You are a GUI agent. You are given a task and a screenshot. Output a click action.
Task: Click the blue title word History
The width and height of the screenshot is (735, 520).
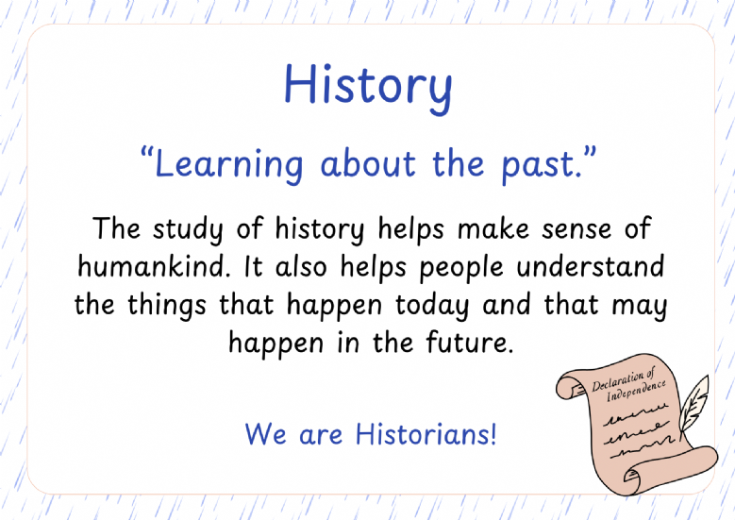368,87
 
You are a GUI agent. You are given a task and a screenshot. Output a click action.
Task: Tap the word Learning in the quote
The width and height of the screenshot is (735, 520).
228,165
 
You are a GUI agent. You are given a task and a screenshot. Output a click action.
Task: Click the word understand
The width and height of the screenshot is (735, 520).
591,266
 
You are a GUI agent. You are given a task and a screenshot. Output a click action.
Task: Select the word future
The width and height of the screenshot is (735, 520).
467,342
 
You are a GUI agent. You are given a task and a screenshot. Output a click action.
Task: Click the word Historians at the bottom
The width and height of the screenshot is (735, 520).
426,434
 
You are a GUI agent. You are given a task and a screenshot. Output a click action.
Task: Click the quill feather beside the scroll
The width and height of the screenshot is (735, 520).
694,404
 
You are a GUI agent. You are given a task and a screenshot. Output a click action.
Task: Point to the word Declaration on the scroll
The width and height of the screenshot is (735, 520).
623,379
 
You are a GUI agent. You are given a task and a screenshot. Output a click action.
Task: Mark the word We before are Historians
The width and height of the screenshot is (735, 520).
265,434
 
